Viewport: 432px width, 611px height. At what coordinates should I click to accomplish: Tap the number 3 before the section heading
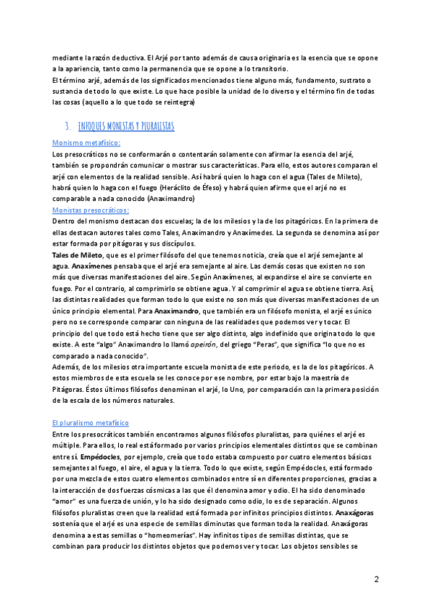click(x=66, y=126)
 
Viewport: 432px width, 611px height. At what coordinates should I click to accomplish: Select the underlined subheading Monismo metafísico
click(x=86, y=143)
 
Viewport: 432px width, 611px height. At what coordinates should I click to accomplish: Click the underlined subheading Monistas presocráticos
click(x=91, y=209)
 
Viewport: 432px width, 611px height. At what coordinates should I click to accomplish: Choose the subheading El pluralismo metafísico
click(x=90, y=423)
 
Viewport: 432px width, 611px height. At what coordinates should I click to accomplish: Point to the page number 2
click(x=376, y=579)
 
